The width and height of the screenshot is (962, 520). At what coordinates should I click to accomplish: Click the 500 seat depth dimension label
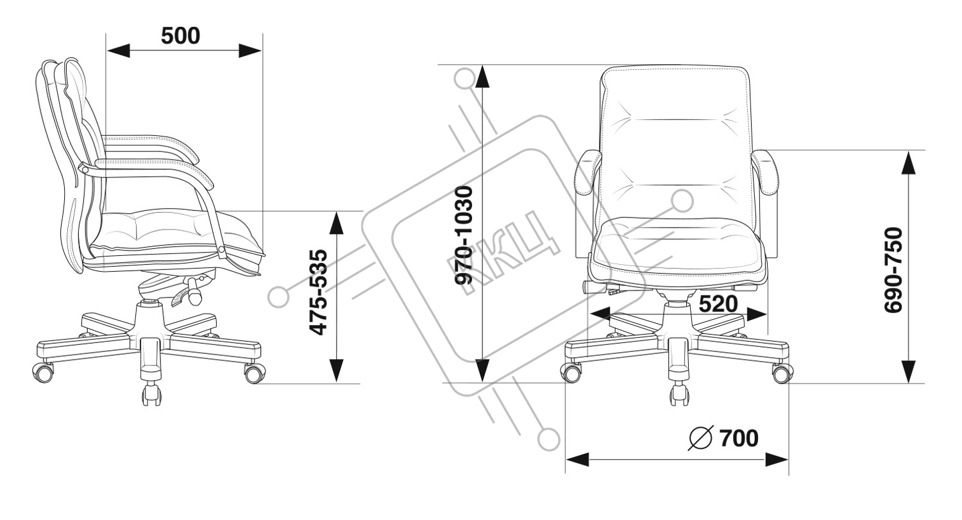coord(180,36)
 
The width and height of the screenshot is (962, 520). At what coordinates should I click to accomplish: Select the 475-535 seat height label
coord(318,292)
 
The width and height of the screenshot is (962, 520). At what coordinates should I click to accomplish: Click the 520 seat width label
coord(717,303)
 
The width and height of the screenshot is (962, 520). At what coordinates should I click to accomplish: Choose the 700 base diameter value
coord(738,439)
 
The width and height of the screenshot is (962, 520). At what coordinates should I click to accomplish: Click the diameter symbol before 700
coord(700,439)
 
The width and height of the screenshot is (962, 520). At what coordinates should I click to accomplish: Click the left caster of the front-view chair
coord(571,372)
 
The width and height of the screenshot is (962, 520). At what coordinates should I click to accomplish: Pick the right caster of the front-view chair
coord(781,372)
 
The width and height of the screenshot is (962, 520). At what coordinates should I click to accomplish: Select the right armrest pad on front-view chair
coord(767,172)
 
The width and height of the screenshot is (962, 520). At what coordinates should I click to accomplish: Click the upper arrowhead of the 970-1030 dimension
coord(482,77)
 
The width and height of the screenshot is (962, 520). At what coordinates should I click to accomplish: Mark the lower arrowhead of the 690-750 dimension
coord(907,371)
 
